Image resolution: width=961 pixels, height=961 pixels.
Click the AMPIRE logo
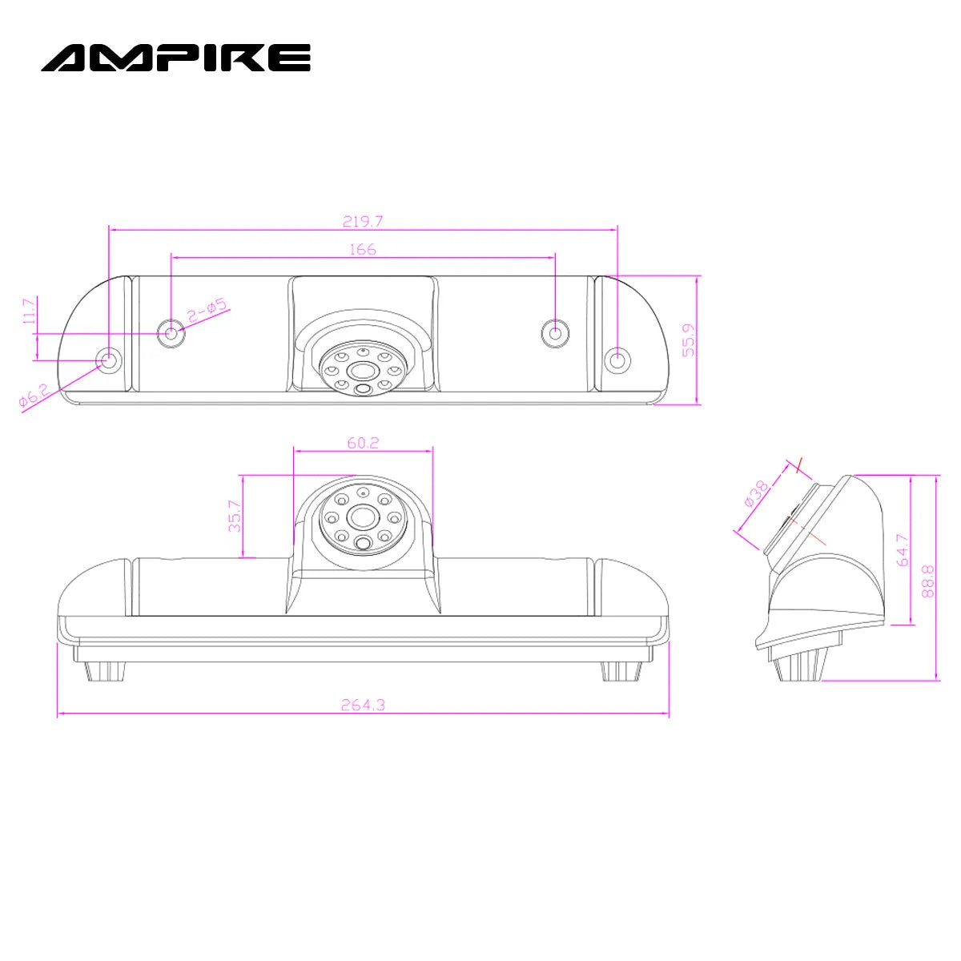click(x=176, y=58)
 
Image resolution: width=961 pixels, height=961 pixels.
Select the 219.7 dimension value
click(x=363, y=221)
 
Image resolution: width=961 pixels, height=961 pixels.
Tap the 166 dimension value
click(x=363, y=249)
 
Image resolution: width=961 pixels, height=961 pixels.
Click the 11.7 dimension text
click(x=30, y=312)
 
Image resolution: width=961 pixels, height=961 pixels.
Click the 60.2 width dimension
click(x=363, y=442)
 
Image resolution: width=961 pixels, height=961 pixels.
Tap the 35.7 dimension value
click(x=234, y=517)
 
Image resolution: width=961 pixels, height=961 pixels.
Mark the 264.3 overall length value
click(x=363, y=705)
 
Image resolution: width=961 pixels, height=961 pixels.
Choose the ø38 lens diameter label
click(x=756, y=493)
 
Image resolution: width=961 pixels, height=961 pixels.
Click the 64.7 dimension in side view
click(x=903, y=550)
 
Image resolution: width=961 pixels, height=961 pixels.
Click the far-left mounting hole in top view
click(x=108, y=360)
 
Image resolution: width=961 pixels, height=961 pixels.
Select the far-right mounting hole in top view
click(x=617, y=360)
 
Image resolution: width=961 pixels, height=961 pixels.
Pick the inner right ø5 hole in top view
click(x=554, y=332)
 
